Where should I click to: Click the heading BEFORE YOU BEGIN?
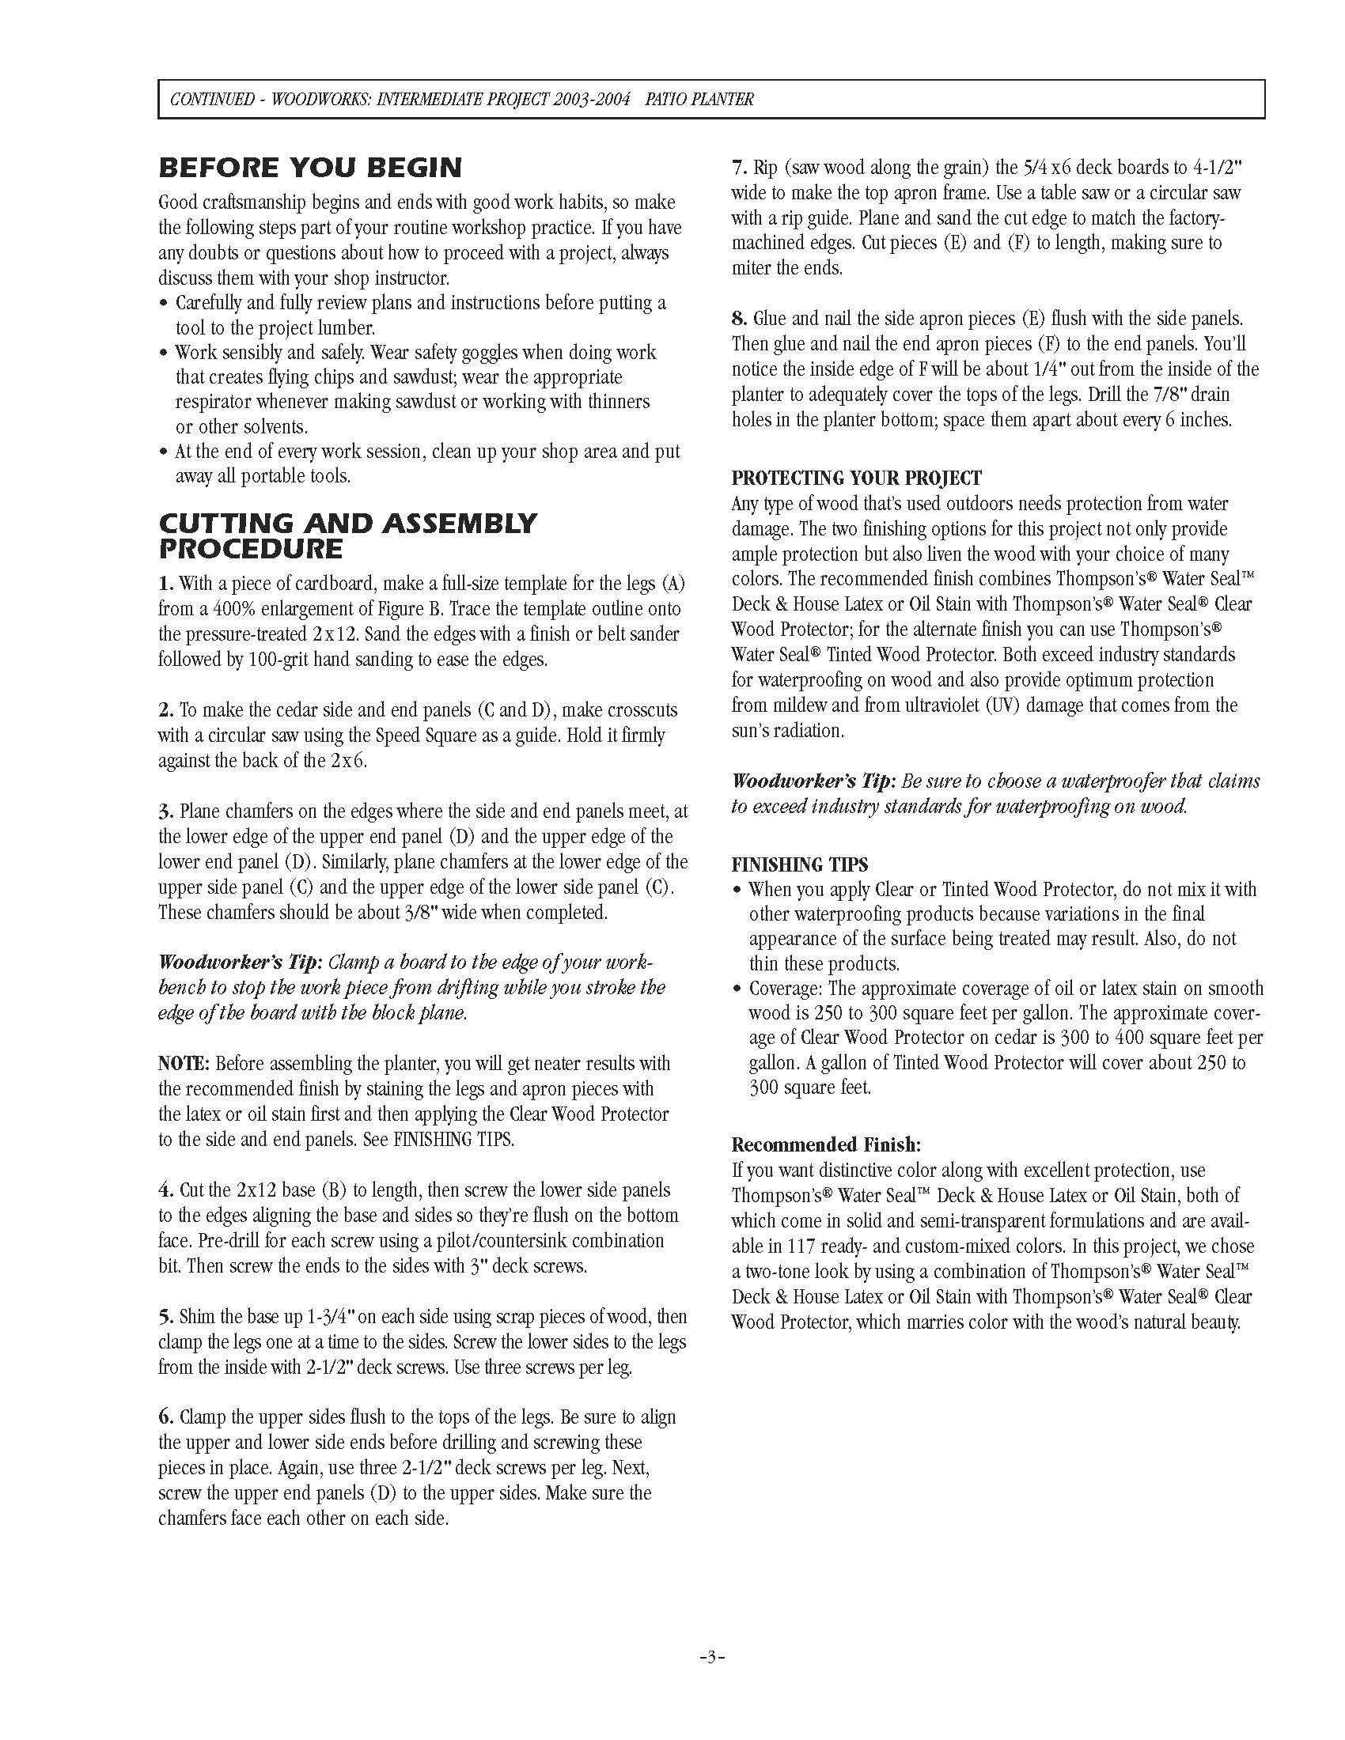[x=310, y=168]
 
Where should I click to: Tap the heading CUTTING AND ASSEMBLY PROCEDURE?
[x=347, y=535]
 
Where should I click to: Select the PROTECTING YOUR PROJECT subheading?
[x=857, y=478]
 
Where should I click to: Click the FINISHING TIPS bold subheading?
[x=800, y=864]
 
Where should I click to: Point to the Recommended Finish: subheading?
[x=826, y=1145]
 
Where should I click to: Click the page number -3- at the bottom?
[x=711, y=1657]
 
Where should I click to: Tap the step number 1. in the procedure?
[x=165, y=584]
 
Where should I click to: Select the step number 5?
[x=165, y=1317]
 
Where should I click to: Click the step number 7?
[x=740, y=168]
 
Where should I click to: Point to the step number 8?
[x=740, y=319]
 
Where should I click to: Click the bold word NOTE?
[x=184, y=1064]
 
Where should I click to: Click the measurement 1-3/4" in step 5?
[x=335, y=1317]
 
